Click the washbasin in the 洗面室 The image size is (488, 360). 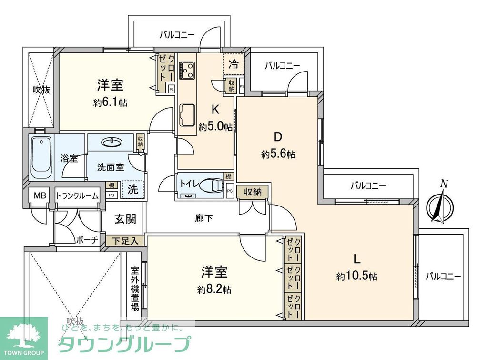coord(112,142)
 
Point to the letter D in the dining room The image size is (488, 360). coord(278,137)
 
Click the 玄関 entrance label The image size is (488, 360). coord(125,219)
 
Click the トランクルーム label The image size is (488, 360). coord(77,195)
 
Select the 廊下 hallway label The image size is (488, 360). coord(204,218)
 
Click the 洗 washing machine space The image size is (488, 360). coord(133,189)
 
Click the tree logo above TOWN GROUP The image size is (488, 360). coord(23,334)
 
